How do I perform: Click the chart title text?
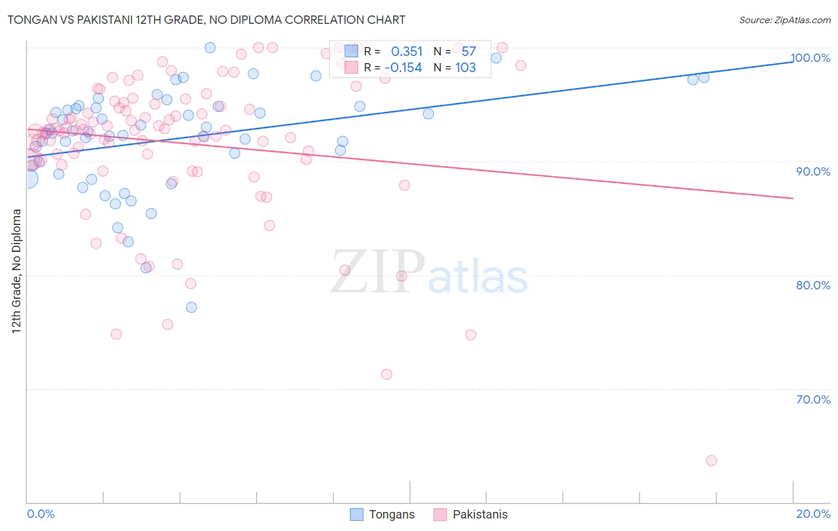click(x=206, y=20)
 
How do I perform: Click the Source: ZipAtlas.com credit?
click(x=784, y=20)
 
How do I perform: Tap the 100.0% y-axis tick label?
click(x=811, y=58)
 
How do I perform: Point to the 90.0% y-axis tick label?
click(x=813, y=171)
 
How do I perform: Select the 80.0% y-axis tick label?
click(x=813, y=285)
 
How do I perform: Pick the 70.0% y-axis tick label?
click(x=813, y=399)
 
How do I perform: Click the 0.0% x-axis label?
click(x=41, y=514)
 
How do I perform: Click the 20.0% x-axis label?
click(x=813, y=514)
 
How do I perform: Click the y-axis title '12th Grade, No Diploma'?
click(x=17, y=271)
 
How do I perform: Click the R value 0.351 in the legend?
click(x=406, y=52)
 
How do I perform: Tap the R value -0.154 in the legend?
click(x=403, y=68)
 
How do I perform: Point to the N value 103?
click(x=465, y=68)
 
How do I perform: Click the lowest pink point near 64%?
click(x=711, y=461)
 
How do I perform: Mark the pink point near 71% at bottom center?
click(x=386, y=374)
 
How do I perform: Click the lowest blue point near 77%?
click(x=191, y=307)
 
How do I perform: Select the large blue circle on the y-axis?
click(x=27, y=178)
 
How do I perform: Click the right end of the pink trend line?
click(x=793, y=198)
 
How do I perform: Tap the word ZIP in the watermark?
click(x=378, y=272)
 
